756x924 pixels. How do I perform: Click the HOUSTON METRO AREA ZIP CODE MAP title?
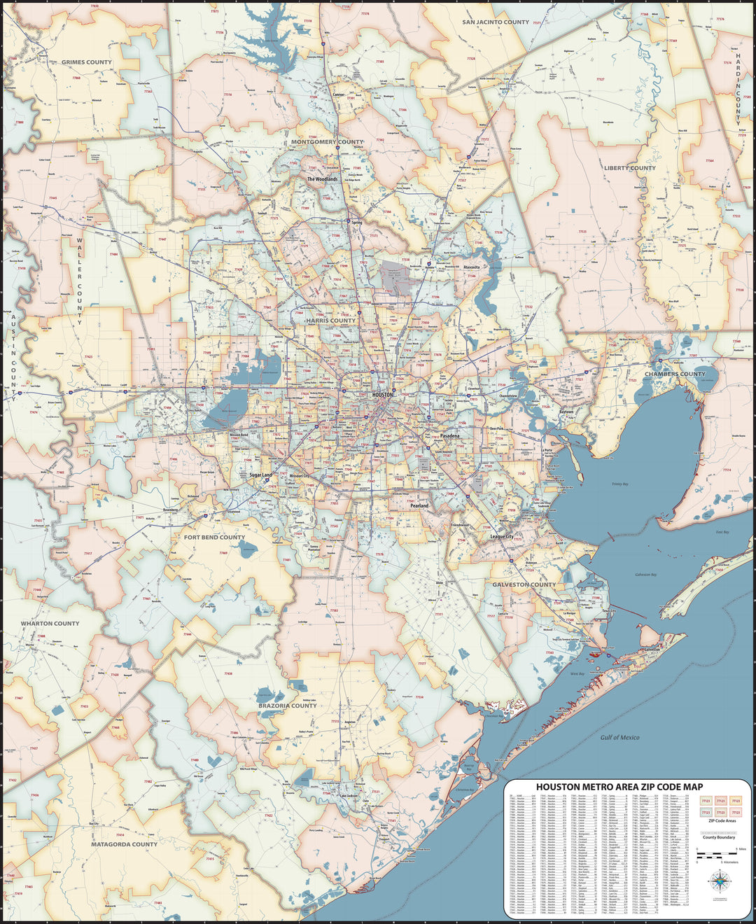coord(619,787)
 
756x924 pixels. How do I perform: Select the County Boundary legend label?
coord(719,837)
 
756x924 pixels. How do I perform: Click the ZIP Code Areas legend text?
coord(721,820)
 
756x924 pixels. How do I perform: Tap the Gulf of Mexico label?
coord(619,737)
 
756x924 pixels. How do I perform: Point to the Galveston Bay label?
coord(645,575)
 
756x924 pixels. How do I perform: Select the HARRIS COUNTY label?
coord(331,321)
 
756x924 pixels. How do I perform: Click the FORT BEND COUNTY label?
coord(214,538)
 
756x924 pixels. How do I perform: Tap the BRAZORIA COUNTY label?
coord(288,706)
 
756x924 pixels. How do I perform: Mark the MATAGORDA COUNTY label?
coord(124,844)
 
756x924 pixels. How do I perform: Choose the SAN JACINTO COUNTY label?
coord(496,22)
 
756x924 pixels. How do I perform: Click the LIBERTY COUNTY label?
coord(630,168)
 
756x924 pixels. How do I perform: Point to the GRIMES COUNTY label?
coord(87,62)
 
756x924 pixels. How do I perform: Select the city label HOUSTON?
coord(384,395)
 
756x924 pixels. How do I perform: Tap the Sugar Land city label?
coord(260,475)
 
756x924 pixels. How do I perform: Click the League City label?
coord(502,536)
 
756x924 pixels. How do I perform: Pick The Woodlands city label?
coord(322,179)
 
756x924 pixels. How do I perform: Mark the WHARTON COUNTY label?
coord(50,623)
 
